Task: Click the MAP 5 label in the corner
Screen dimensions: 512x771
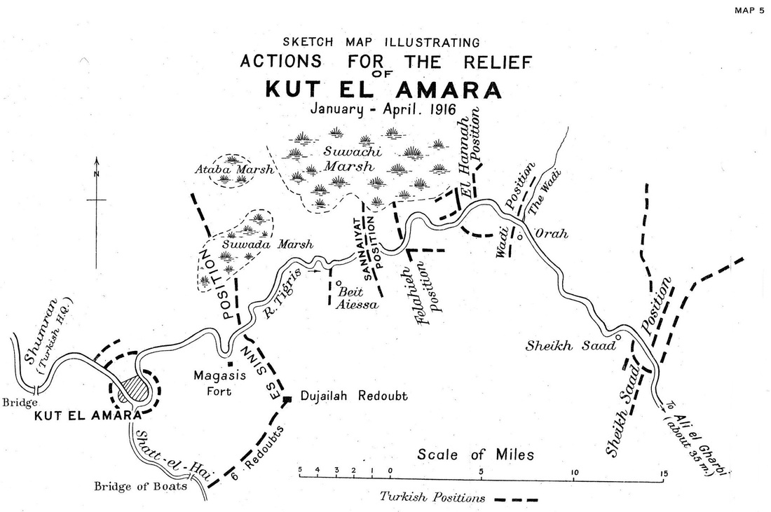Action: pyautogui.click(x=748, y=10)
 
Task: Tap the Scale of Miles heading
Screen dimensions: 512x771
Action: pyautogui.click(x=475, y=455)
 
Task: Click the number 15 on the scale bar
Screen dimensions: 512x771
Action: pyautogui.click(x=663, y=471)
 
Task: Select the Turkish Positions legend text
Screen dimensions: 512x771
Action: pyautogui.click(x=432, y=499)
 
